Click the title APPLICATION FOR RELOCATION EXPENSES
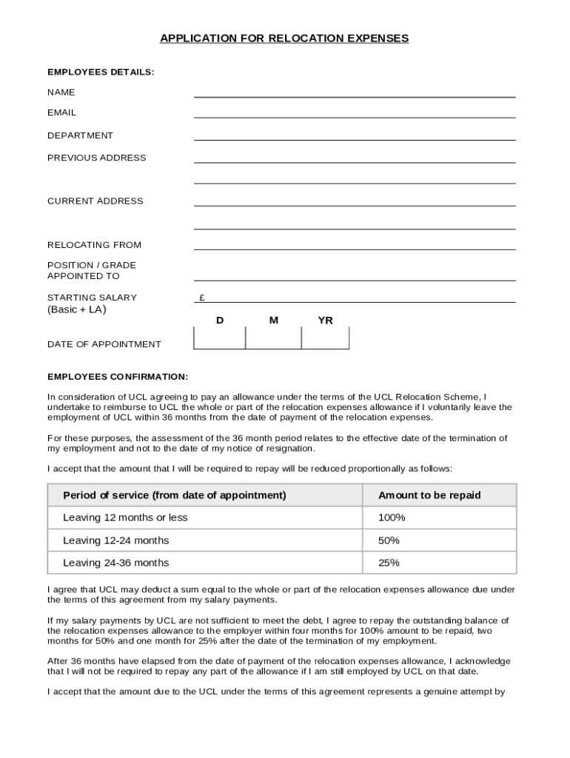(284, 38)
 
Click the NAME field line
(355, 93)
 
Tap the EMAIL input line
(355, 113)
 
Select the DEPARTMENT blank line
(355, 135)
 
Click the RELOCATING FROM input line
(355, 245)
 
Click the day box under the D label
(220, 338)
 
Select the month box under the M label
(273, 338)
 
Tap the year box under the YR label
(325, 338)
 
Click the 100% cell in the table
(392, 517)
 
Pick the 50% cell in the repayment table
(389, 540)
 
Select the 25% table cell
(389, 563)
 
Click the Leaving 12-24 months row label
(116, 540)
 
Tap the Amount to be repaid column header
(429, 495)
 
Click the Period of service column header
(175, 495)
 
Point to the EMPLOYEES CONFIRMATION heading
(118, 376)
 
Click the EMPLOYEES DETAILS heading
(101, 72)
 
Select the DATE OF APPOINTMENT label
(104, 344)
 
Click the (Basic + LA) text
(77, 309)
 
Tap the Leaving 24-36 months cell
(116, 563)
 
